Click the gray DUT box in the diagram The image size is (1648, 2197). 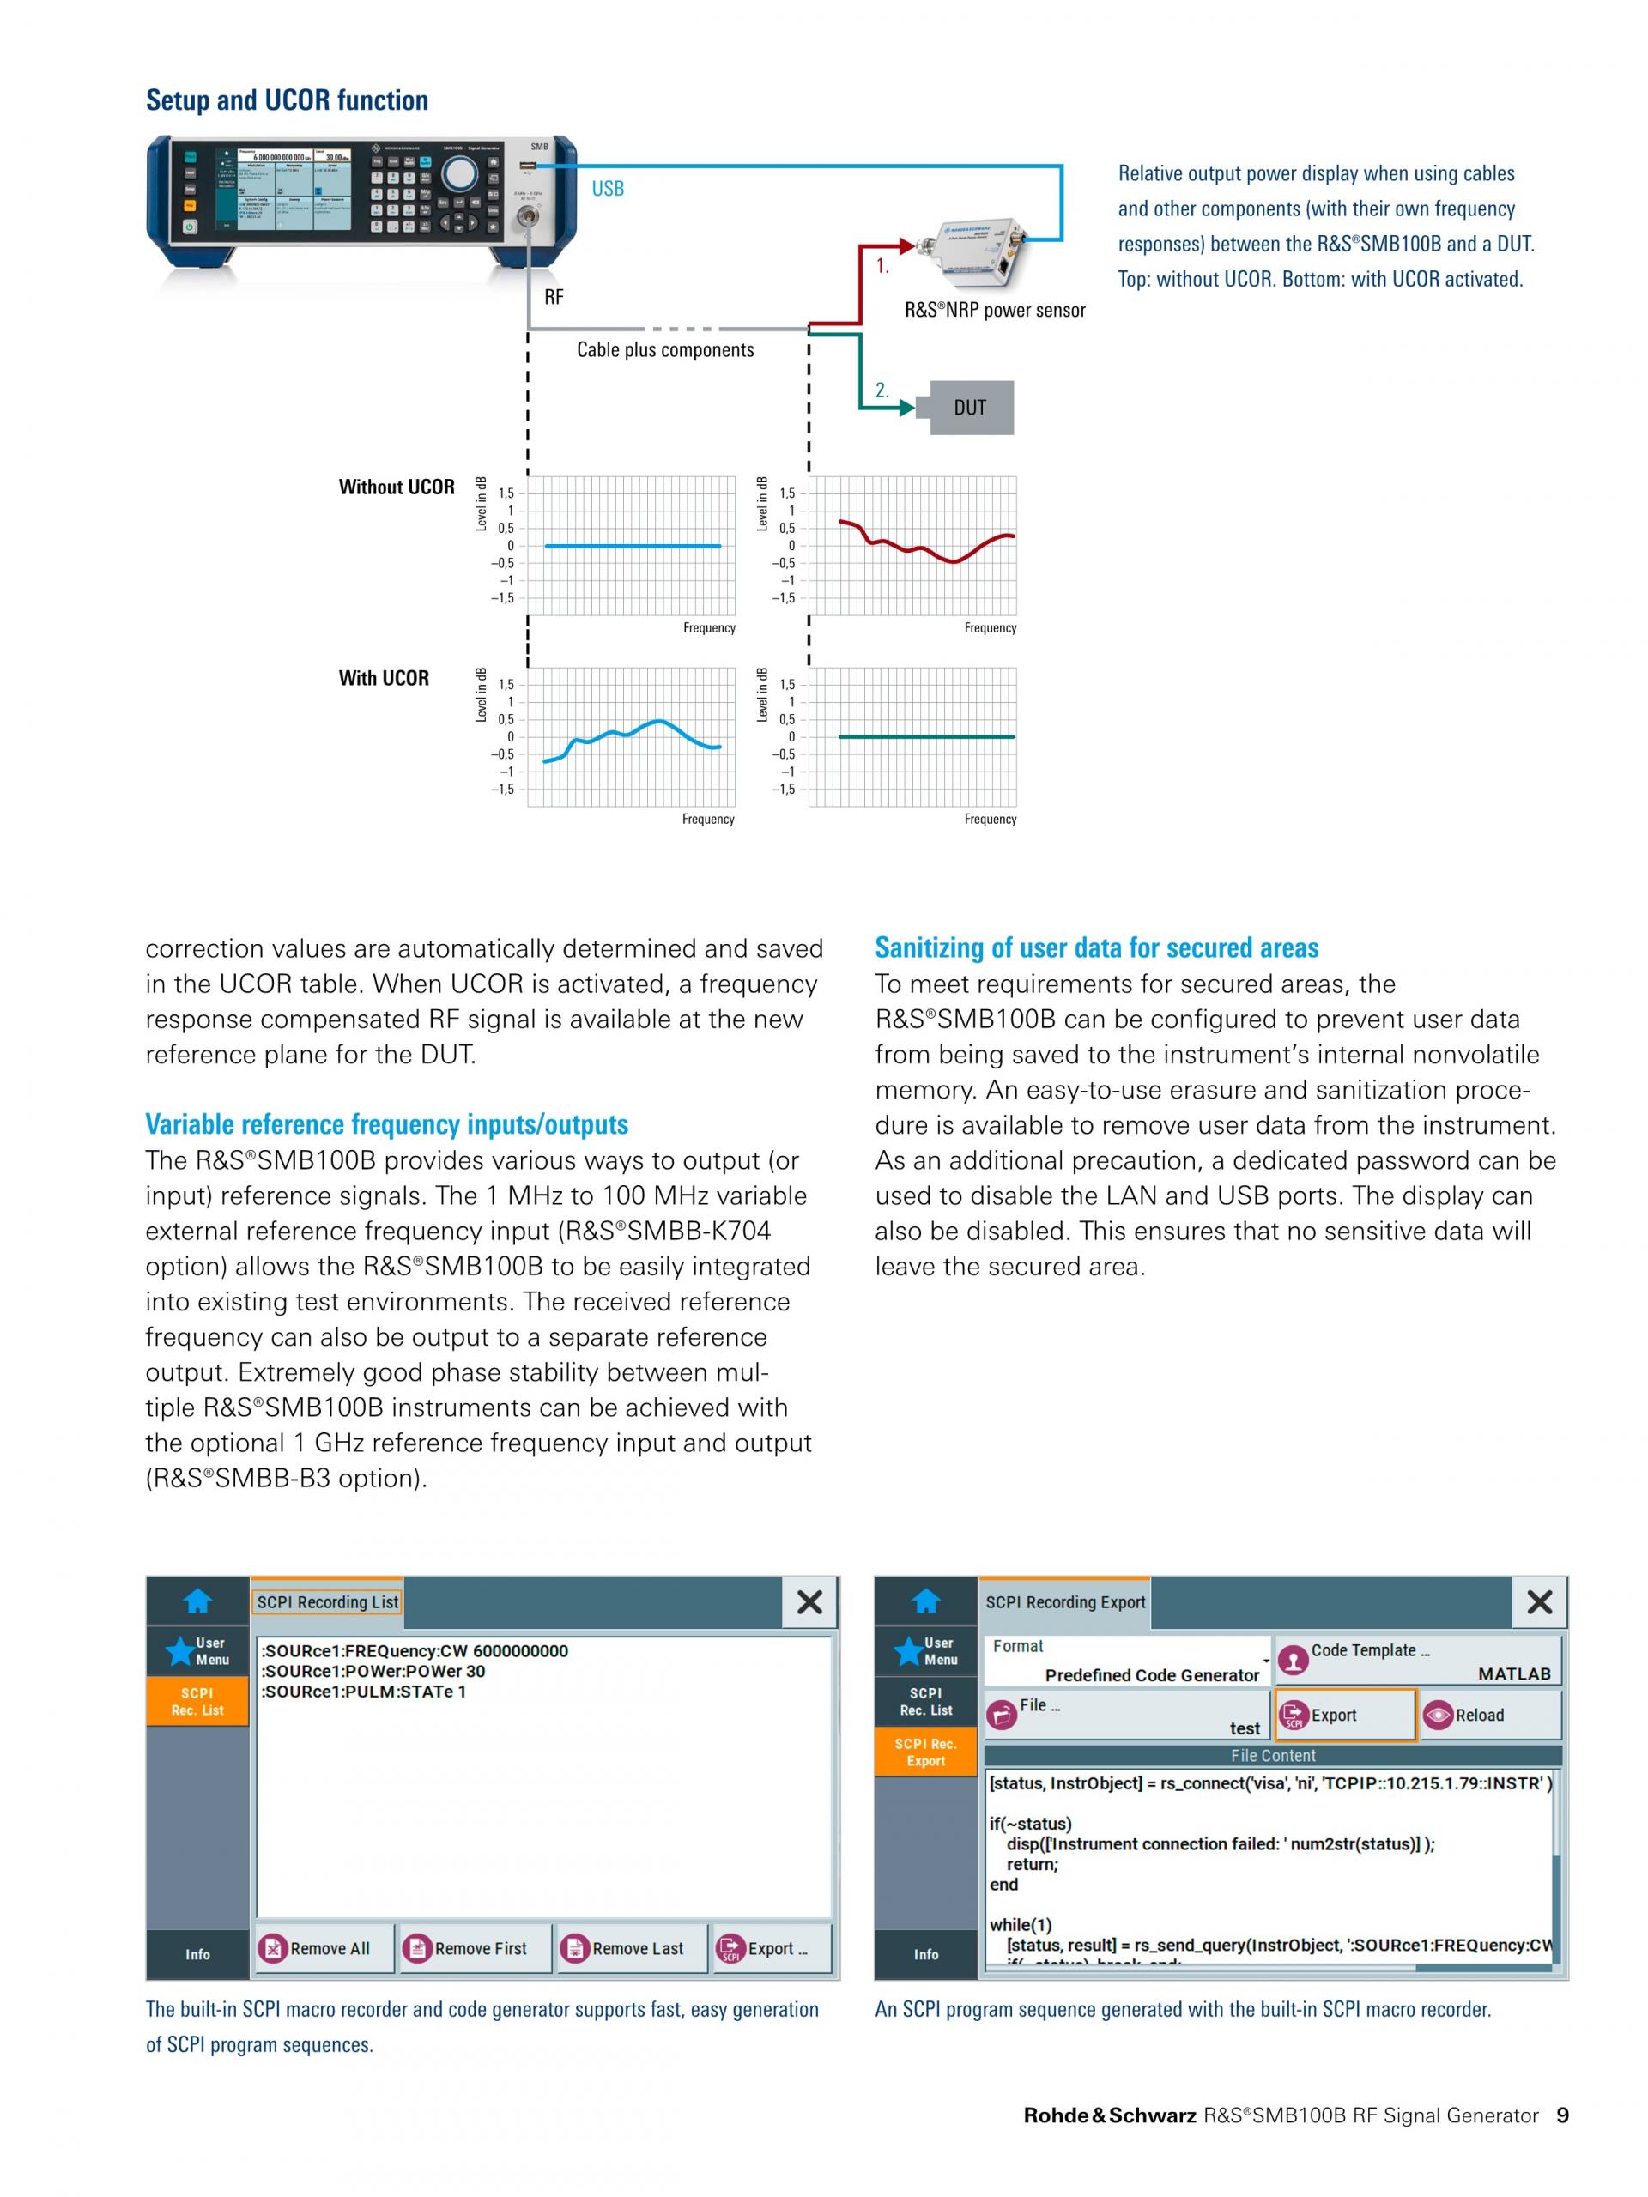[x=971, y=408]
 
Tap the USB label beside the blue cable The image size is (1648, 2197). [x=607, y=189]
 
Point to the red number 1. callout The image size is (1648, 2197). [x=882, y=266]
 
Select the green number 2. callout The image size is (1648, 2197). [x=882, y=390]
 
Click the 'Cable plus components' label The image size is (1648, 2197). [x=664, y=349]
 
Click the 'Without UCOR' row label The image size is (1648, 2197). [x=397, y=487]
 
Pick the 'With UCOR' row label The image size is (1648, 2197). [x=384, y=678]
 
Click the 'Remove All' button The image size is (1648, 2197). [x=315, y=1949]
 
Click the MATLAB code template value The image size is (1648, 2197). [x=1513, y=1673]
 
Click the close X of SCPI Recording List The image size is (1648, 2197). [x=809, y=1602]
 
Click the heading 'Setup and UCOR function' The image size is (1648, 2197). [x=287, y=100]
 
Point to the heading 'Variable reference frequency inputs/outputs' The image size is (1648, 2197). [x=386, y=1124]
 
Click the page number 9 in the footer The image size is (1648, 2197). [x=1562, y=2115]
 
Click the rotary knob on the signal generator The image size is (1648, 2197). [x=459, y=172]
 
